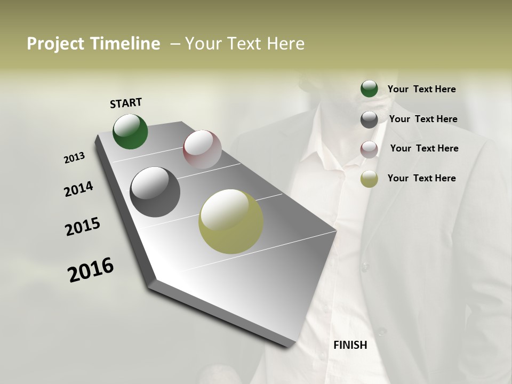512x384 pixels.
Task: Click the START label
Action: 126,103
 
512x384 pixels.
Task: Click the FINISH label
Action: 350,345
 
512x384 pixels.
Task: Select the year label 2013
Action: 74,158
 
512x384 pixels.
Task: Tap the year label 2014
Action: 78,189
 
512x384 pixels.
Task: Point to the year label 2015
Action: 83,227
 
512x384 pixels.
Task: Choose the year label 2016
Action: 91,270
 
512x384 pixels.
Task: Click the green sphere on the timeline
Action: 130,132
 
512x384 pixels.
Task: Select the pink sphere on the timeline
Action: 202,149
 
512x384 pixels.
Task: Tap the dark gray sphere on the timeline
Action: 155,192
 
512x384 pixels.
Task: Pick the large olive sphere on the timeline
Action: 231,221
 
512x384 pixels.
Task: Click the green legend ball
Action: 369,89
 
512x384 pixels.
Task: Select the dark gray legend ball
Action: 369,119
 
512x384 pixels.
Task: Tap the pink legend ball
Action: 369,149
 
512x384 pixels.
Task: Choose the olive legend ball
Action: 369,179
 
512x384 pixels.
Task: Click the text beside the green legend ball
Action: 421,89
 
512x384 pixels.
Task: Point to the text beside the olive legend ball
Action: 421,178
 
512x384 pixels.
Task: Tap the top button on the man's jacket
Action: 366,265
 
